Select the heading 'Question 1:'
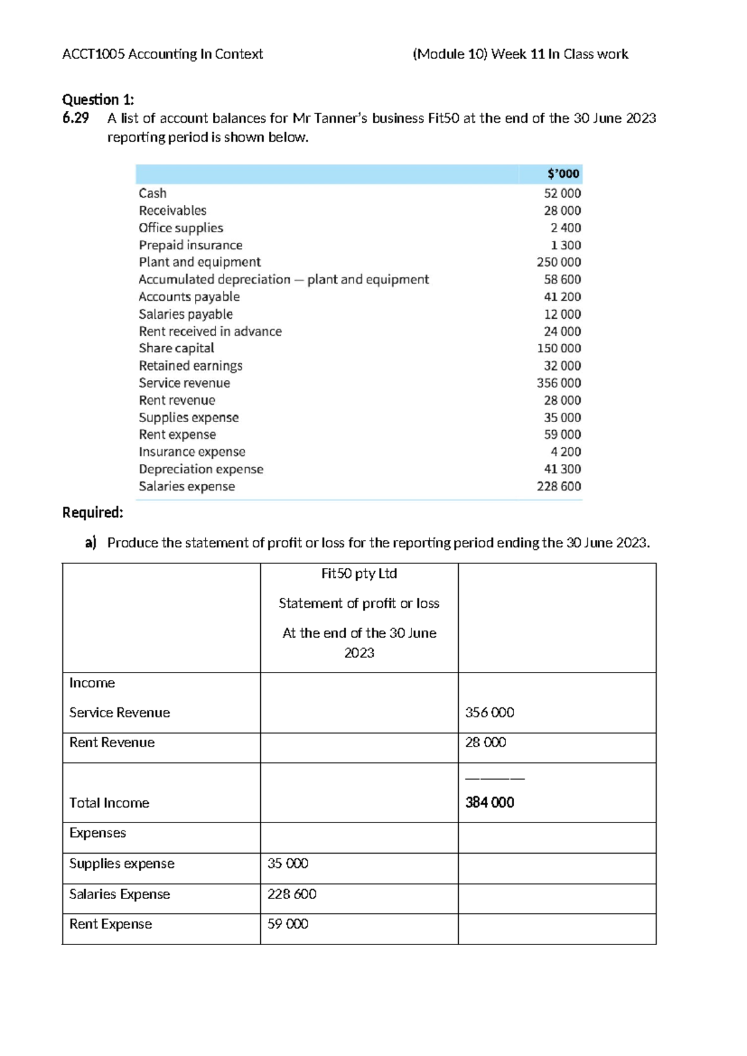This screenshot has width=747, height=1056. (x=98, y=100)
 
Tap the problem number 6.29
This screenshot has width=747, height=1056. (x=75, y=118)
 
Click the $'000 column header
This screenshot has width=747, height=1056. (x=563, y=174)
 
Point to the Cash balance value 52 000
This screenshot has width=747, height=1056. (x=562, y=193)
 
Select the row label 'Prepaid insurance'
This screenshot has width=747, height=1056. (x=190, y=245)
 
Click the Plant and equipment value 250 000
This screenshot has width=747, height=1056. (x=558, y=262)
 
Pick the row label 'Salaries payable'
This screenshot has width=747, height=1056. (x=186, y=314)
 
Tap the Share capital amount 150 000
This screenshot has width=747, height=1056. (x=558, y=349)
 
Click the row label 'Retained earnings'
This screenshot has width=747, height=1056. (x=190, y=366)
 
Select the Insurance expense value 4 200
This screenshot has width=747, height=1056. (x=565, y=452)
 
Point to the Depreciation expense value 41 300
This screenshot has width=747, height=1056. (x=562, y=469)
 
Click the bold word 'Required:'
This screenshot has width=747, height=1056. (x=93, y=512)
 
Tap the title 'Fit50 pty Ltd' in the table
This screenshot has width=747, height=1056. (x=359, y=573)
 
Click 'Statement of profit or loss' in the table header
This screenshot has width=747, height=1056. (x=359, y=603)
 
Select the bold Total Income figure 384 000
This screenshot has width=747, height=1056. (x=490, y=803)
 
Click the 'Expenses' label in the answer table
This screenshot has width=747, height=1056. (x=98, y=833)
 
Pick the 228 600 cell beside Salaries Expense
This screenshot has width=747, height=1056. (x=292, y=894)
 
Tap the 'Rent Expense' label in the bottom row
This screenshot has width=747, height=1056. (x=111, y=924)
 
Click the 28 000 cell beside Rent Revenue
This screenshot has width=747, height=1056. (x=486, y=742)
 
